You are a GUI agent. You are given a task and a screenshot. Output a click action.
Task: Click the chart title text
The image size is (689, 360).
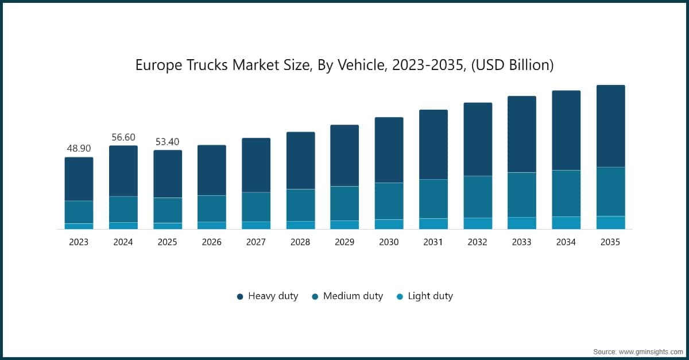pos(344,65)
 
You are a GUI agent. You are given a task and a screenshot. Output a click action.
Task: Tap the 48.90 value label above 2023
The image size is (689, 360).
pos(79,149)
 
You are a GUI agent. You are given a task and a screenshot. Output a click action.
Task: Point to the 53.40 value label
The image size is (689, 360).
pos(167,142)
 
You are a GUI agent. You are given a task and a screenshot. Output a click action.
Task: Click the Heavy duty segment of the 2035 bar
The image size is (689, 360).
pos(610,126)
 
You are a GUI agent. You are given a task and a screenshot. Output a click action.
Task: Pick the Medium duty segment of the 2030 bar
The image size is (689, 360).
pos(389,201)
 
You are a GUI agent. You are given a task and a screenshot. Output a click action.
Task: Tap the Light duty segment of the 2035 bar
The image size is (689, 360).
pos(610,222)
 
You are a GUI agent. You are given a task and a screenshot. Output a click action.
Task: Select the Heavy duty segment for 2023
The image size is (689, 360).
pos(79,179)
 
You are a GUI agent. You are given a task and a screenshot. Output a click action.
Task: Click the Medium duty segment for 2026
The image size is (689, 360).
pos(212,208)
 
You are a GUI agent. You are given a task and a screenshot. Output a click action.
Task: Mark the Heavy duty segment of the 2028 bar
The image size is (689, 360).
pos(300,161)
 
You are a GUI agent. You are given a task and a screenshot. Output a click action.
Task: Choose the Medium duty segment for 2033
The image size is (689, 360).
pos(522,195)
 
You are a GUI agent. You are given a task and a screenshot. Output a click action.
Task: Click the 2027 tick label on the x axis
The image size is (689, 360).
pos(256,242)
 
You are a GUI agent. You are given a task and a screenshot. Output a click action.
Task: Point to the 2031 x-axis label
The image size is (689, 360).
pos(433,242)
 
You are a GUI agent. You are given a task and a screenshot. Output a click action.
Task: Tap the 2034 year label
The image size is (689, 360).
pos(566,242)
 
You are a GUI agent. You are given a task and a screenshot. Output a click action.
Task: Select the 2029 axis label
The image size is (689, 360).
pos(344,242)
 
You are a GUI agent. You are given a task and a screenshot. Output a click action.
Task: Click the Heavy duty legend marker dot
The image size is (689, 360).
pos(240,297)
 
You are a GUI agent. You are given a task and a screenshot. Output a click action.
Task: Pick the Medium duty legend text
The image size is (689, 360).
pos(353,296)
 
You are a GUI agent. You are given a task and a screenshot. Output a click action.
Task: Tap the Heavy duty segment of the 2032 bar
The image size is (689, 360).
pos(478,140)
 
